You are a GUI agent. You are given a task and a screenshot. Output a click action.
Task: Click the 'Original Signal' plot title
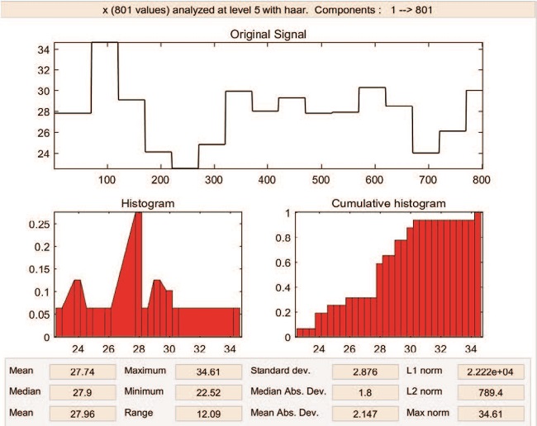click(x=268, y=34)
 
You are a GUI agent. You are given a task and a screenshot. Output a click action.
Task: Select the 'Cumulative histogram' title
click(x=388, y=202)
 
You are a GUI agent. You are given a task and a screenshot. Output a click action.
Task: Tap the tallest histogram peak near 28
click(x=138, y=215)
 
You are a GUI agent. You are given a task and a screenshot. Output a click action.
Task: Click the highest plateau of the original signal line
click(x=105, y=42)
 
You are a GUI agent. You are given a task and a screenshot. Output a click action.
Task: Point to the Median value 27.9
click(x=78, y=390)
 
